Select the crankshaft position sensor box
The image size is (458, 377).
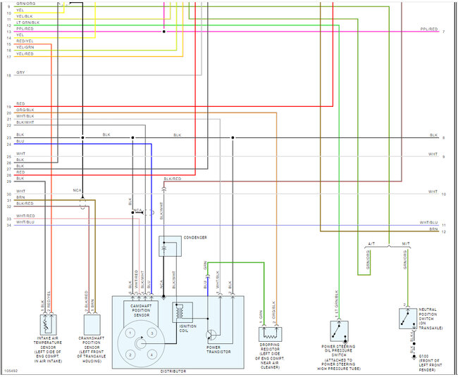(x=92, y=324)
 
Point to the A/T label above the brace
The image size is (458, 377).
(x=371, y=243)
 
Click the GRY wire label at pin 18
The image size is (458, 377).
(x=20, y=72)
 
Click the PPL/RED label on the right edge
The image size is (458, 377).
(x=428, y=30)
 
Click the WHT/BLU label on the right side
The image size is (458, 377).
(x=428, y=222)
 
